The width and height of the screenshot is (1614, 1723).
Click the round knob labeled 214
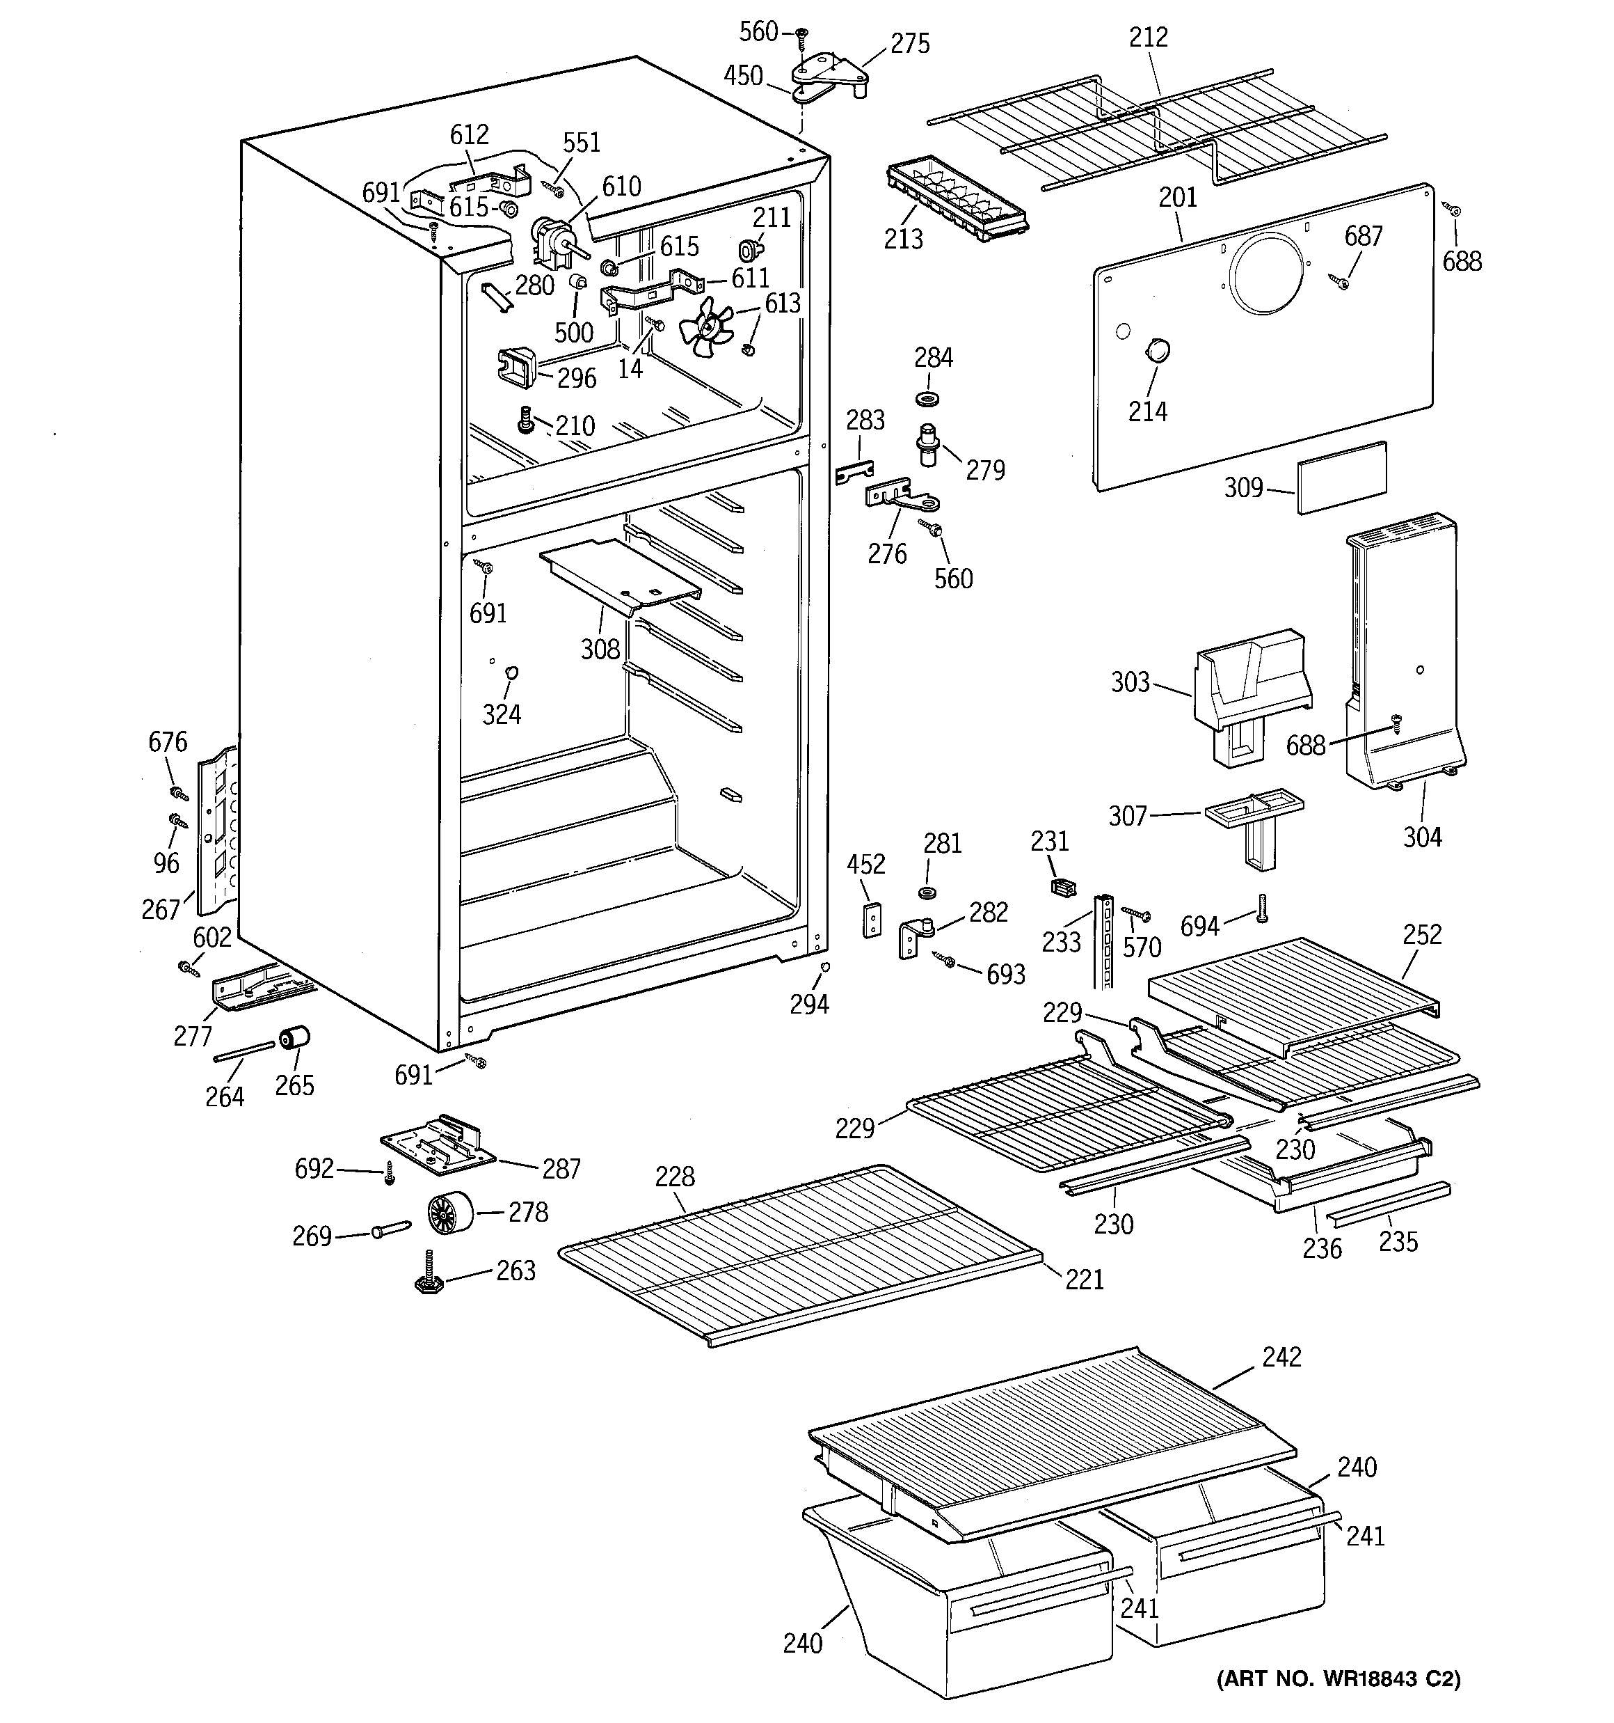(1156, 351)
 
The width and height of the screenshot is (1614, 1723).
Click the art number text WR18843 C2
(1339, 1703)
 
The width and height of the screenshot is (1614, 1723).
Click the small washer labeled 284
(928, 400)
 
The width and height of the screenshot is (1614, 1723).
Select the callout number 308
(600, 649)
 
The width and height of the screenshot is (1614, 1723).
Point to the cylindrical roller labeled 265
(294, 1037)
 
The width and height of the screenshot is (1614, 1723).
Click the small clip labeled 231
(1062, 887)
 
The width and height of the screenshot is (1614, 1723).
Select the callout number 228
(674, 1177)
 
